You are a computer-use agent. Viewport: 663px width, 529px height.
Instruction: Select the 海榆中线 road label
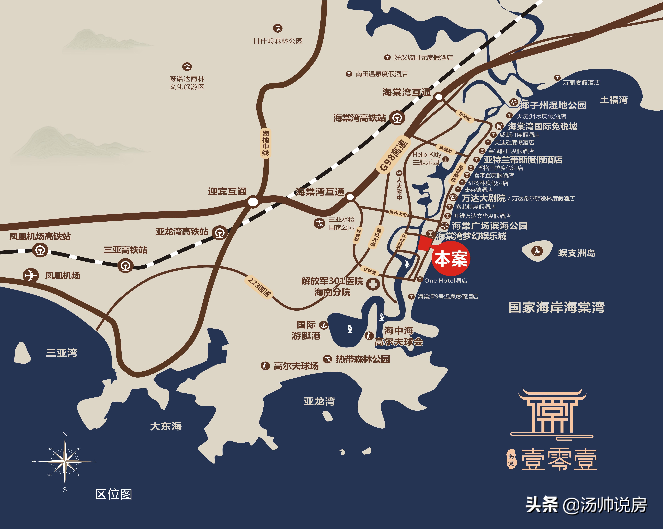265,143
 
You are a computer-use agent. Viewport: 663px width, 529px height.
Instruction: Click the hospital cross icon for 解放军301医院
373,284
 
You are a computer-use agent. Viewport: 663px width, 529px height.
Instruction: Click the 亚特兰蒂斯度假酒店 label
523,160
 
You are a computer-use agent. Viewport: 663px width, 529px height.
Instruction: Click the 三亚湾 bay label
62,353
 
